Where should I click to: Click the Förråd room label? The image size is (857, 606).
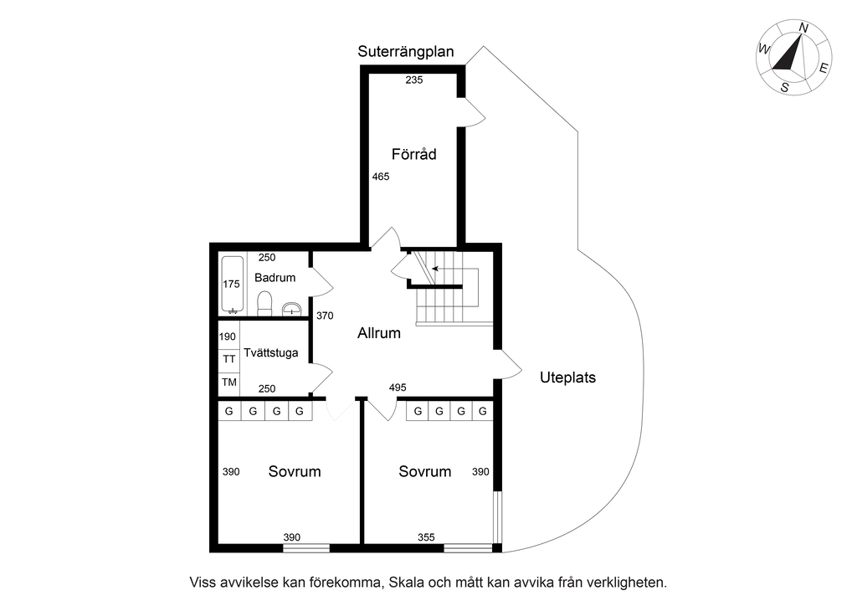coord(413,154)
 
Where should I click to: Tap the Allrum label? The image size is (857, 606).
coord(379,333)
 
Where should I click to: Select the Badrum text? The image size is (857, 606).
coord(275,278)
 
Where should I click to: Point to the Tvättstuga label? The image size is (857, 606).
coord(271,353)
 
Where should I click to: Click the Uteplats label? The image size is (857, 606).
coord(568,377)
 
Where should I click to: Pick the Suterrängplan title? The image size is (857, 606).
coord(406,51)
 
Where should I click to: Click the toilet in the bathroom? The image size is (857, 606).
coord(264,304)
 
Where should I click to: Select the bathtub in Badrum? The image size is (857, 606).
coord(233,285)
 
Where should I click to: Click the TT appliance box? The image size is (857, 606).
coord(229,359)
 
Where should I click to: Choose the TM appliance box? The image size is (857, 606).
coord(229,383)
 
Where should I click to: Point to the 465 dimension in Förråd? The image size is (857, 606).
coord(381,177)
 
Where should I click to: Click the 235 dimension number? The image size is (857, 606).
coord(413,80)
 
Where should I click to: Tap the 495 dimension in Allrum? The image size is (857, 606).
coord(398,388)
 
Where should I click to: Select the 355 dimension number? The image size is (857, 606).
coord(426,537)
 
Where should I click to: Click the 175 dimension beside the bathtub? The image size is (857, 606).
coord(231,284)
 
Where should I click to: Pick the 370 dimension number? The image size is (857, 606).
coord(325,316)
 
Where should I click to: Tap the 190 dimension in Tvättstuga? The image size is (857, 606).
coord(228,336)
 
